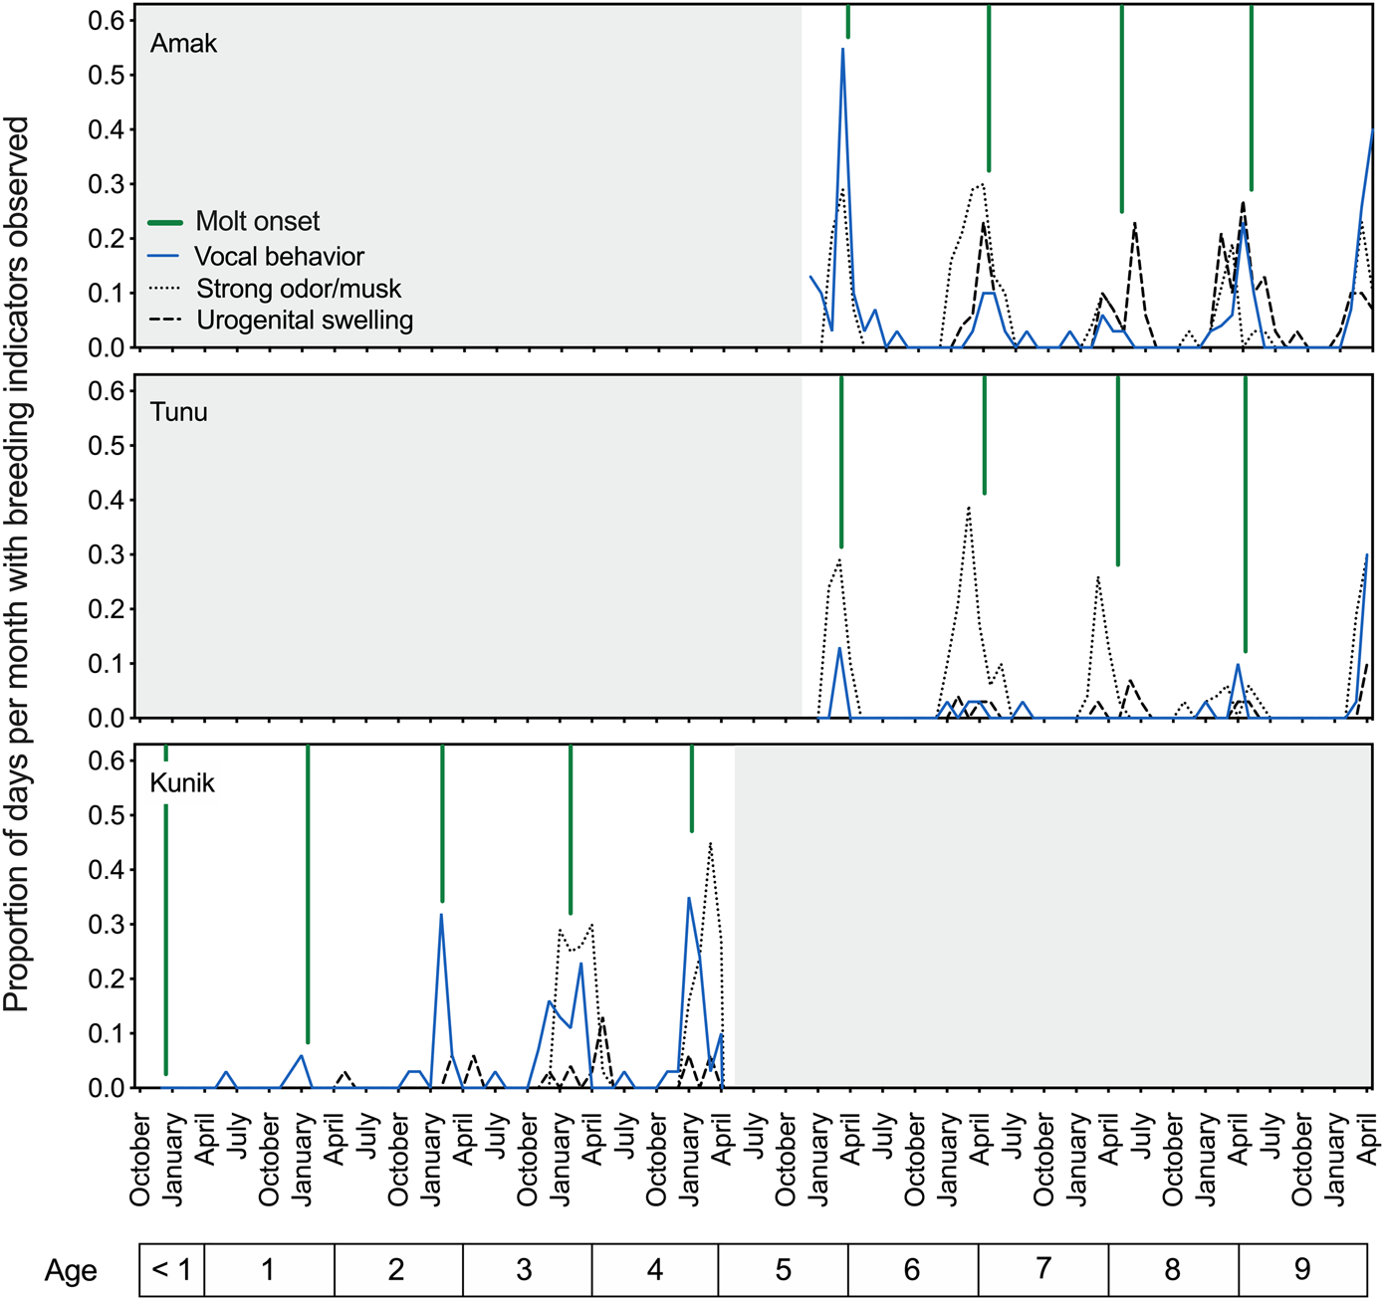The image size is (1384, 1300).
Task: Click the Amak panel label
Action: point(183,44)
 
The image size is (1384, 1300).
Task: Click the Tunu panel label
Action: point(179,412)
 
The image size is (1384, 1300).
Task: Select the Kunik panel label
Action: point(182,783)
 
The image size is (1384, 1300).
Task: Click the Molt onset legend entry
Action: point(257,221)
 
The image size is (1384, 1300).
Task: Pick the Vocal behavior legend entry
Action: point(279,256)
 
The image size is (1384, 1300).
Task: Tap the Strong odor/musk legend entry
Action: point(298,289)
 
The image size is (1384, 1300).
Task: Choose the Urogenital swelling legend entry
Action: point(304,321)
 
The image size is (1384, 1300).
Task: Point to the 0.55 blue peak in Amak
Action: point(842,50)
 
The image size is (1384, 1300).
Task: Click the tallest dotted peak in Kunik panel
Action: point(710,844)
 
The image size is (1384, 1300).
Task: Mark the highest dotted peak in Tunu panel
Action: point(968,508)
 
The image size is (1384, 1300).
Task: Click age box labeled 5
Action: point(783,1270)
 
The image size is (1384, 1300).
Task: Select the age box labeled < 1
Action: point(171,1270)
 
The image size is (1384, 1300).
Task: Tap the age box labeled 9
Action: point(1302,1270)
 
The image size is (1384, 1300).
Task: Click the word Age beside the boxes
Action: point(71,1271)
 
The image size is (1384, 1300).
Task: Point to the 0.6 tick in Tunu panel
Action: point(106,391)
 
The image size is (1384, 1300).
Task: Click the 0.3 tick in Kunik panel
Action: point(106,925)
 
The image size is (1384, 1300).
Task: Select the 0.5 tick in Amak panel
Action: point(106,75)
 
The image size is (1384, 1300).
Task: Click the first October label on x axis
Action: point(140,1161)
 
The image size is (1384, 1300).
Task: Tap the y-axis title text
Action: point(17,563)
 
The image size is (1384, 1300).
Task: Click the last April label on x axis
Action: point(1367,1141)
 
